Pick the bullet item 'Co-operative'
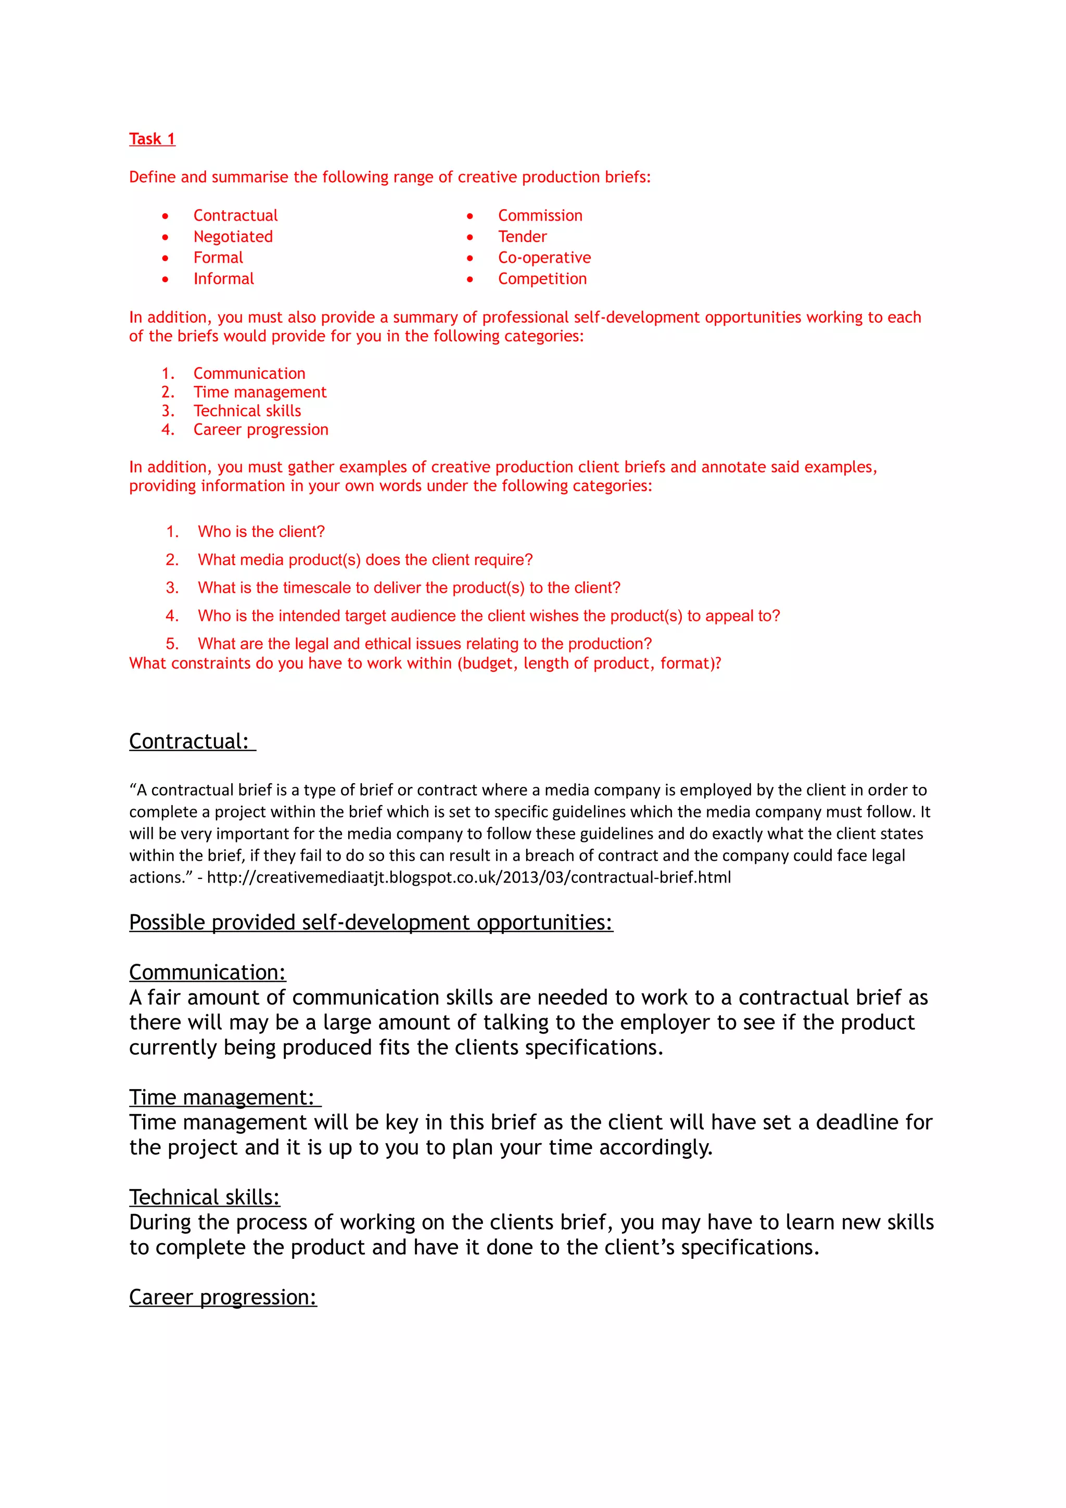(544, 258)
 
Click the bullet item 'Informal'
(223, 278)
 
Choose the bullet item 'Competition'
(542, 278)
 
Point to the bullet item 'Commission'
(539, 215)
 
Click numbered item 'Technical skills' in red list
(247, 411)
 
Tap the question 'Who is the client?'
(261, 531)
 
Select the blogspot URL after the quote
(468, 877)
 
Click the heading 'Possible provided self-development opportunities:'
(371, 922)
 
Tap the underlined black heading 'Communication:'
(208, 972)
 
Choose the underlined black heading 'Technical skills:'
(204, 1197)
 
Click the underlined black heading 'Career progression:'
(223, 1297)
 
